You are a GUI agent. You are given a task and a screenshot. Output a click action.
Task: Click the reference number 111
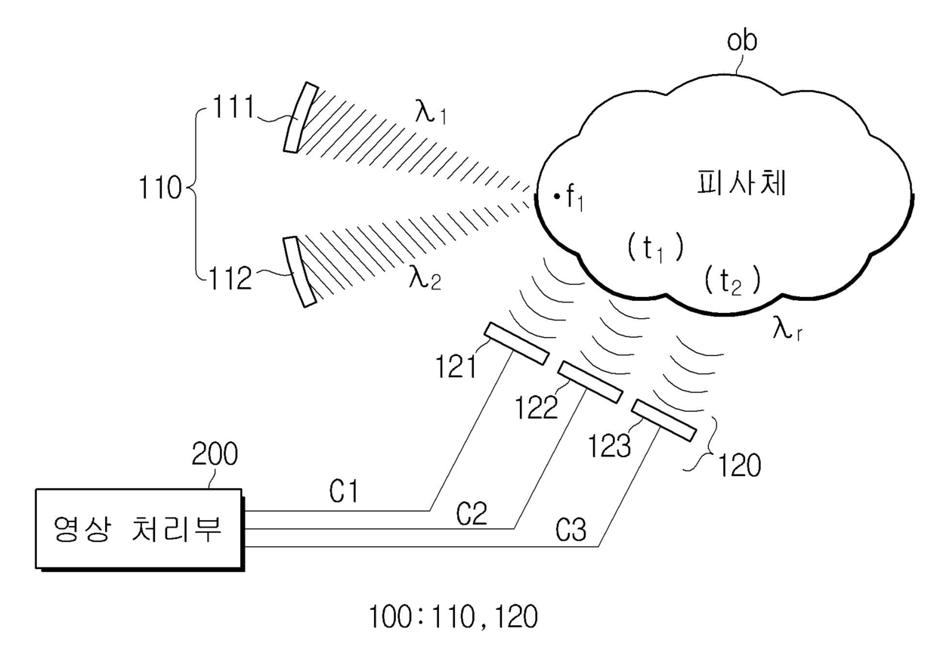coord(233,107)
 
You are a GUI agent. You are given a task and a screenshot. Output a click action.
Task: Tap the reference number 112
coord(230,278)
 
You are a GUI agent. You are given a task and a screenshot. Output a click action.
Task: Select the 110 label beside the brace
coord(160,187)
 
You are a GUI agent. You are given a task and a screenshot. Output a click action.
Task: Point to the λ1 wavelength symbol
coord(431,112)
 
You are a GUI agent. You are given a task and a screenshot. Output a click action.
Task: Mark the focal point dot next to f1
coord(556,196)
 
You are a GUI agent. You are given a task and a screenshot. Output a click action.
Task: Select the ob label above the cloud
coord(742,41)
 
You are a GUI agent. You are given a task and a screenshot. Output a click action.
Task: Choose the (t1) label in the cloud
coord(655,249)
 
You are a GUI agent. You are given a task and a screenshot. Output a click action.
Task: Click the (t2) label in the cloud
coord(732,281)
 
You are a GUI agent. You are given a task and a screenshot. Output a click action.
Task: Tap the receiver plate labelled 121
coord(516,343)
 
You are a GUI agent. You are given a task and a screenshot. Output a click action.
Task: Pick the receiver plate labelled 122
coord(591,382)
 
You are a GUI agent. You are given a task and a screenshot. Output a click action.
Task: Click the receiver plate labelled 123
coord(664,420)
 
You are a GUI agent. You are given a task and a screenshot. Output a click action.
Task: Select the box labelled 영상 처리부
coord(139,529)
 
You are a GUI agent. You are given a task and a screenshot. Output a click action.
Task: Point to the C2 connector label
coord(472,514)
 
